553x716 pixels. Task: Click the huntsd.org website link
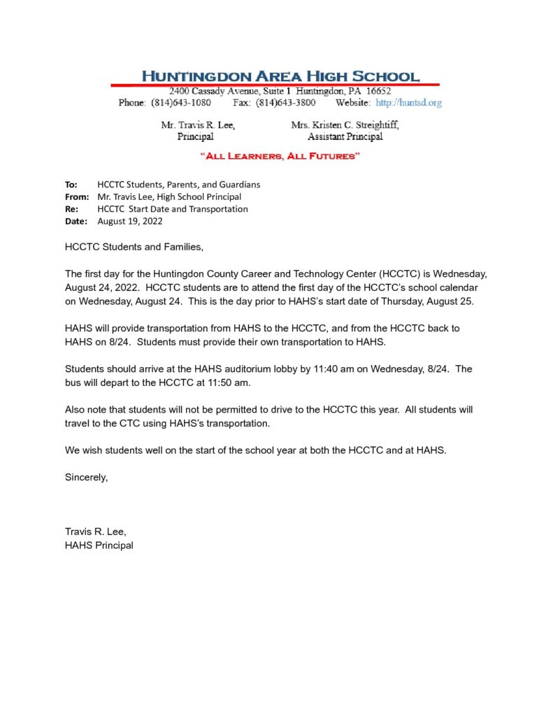[x=409, y=103]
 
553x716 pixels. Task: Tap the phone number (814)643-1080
[x=180, y=103]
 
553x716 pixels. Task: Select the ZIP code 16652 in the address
[x=377, y=91]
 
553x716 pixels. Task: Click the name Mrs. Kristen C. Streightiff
[x=345, y=125]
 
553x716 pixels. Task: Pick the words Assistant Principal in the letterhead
[x=345, y=137]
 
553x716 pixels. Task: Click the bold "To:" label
[x=71, y=185]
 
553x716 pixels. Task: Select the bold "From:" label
[x=76, y=197]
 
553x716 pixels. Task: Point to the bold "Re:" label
[x=71, y=209]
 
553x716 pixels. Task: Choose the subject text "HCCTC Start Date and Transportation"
[x=173, y=209]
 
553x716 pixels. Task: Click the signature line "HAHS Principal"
[x=99, y=545]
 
